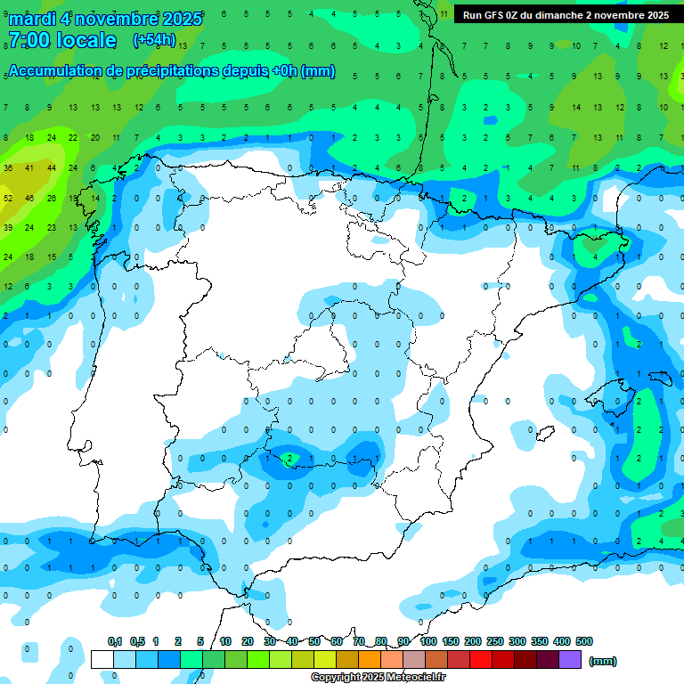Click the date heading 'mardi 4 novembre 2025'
click(x=105, y=18)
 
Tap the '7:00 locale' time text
click(x=61, y=40)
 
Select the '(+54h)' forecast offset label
click(x=154, y=40)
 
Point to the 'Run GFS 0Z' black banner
click(x=566, y=15)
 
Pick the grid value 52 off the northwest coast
click(x=8, y=198)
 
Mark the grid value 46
click(x=29, y=198)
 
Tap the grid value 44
click(x=51, y=168)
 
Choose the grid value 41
click(x=29, y=168)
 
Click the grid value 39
click(x=8, y=228)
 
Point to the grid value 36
click(x=8, y=168)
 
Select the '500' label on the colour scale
click(x=584, y=641)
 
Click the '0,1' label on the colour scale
click(x=115, y=641)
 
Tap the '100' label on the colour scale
click(x=428, y=641)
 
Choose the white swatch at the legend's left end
click(x=102, y=659)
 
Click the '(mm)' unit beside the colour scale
click(x=603, y=661)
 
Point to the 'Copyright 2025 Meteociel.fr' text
click(x=379, y=677)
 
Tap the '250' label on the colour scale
click(x=495, y=641)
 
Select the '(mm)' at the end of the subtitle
click(x=318, y=71)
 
